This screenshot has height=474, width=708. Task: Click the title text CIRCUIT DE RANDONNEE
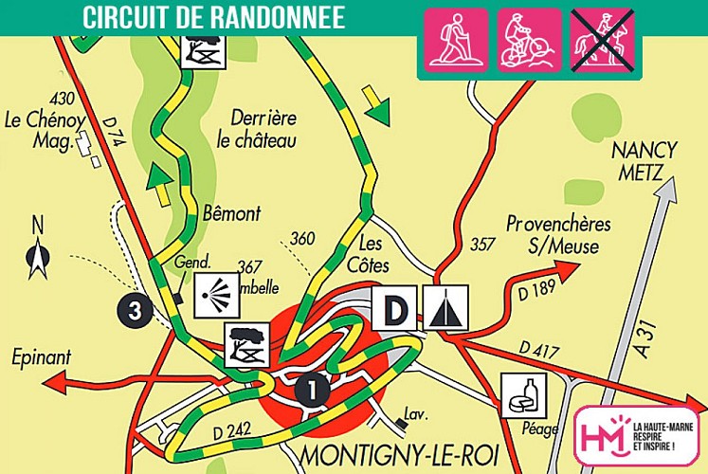click(213, 17)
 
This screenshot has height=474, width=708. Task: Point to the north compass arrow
click(38, 251)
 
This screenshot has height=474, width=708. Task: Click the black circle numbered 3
click(136, 310)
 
